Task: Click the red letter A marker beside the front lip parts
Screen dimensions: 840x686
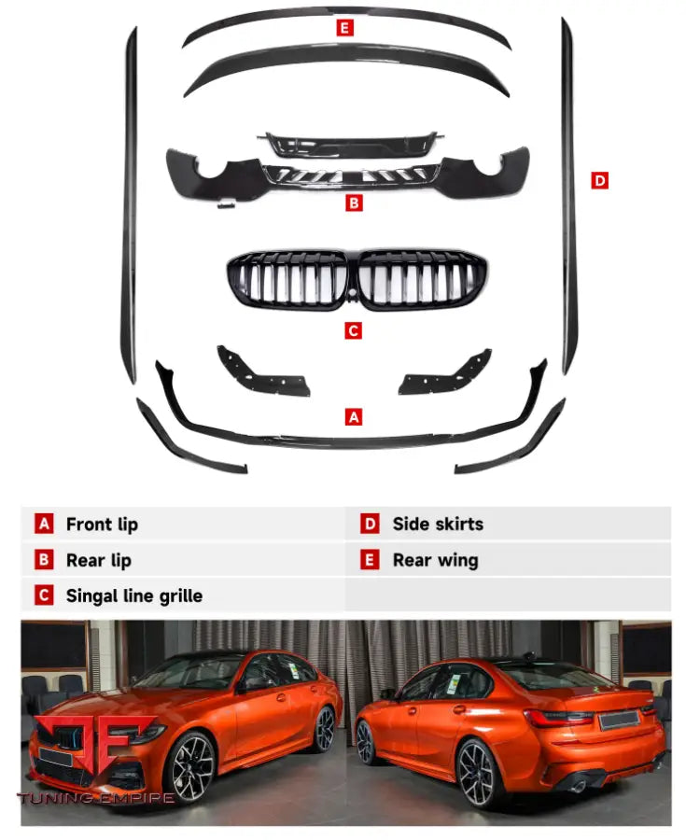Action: point(353,417)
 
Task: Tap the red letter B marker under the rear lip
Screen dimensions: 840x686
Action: point(353,202)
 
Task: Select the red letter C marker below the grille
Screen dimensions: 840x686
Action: point(353,330)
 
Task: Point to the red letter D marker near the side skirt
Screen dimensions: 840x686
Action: point(599,180)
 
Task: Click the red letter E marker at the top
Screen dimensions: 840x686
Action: point(345,28)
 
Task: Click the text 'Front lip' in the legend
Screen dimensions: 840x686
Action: point(102,525)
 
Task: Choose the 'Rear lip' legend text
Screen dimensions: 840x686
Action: point(98,561)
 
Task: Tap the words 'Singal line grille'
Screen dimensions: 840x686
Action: point(133,595)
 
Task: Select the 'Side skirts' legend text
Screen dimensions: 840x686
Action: point(438,525)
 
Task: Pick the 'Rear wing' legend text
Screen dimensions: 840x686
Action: point(435,561)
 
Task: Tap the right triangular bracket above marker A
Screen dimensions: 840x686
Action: point(446,372)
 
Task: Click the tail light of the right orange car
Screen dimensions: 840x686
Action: point(557,718)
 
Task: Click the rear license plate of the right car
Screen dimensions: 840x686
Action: point(618,720)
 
